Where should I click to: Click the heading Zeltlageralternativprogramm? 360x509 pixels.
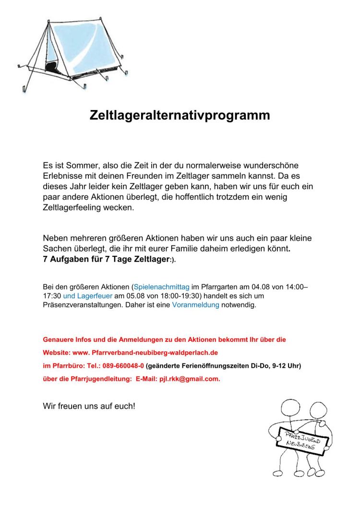click(x=180, y=116)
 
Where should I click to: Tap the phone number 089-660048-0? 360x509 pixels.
click(x=122, y=365)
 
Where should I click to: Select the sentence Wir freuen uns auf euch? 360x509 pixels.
click(x=89, y=406)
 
